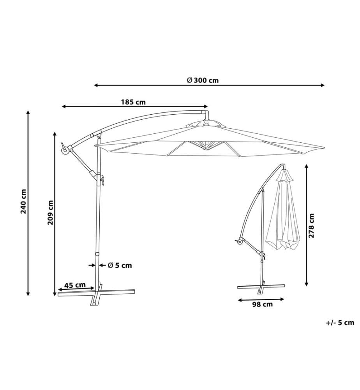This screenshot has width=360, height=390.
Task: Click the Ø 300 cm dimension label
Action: pyautogui.click(x=203, y=80)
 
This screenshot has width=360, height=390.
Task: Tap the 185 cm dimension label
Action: pyautogui.click(x=133, y=102)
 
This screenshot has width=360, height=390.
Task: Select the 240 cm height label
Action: pyautogui.click(x=23, y=202)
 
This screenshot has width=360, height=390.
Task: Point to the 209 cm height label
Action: pyautogui.click(x=50, y=213)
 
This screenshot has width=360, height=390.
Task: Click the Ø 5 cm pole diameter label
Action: pyautogui.click(x=120, y=265)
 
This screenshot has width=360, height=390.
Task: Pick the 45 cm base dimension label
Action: pyautogui.click(x=75, y=285)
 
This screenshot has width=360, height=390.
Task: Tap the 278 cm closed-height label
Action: pyautogui.click(x=311, y=225)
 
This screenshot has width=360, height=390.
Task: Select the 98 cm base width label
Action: pyautogui.click(x=262, y=304)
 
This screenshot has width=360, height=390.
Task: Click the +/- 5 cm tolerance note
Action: pyautogui.click(x=340, y=323)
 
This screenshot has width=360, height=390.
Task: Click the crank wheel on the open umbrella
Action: pyautogui.click(x=65, y=151)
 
